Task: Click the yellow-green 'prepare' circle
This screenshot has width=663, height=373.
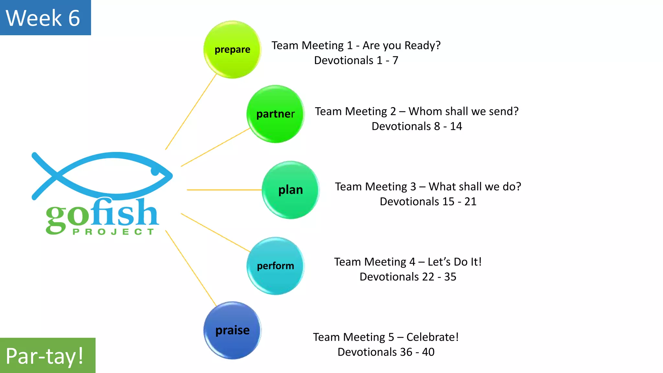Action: coord(232,50)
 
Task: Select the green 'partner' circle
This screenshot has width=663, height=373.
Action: coord(275,114)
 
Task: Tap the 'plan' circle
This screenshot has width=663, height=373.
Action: coord(290,190)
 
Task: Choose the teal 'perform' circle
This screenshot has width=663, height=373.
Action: coord(275,266)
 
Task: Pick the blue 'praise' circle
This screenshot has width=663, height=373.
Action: coord(232,330)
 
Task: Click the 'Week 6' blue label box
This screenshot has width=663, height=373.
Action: coord(45,17)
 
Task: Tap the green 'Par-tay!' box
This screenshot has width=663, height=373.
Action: coord(47,356)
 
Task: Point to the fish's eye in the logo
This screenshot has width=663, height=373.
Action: coord(155,171)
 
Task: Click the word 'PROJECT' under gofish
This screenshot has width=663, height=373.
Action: coord(113,232)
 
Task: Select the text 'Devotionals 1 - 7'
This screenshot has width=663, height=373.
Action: coord(356,61)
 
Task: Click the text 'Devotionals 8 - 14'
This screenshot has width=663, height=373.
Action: coord(417,126)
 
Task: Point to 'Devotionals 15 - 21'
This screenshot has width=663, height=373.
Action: coord(428,202)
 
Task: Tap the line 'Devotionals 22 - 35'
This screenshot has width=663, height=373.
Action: coord(408,277)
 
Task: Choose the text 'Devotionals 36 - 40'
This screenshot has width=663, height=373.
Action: coord(386,352)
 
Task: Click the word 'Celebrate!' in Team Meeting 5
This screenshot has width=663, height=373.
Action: coord(433,337)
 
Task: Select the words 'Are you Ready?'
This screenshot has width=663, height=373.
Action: coord(401,46)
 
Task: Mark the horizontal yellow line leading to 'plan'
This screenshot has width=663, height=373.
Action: coord(223,190)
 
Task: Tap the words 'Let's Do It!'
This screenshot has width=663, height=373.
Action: coord(455,262)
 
